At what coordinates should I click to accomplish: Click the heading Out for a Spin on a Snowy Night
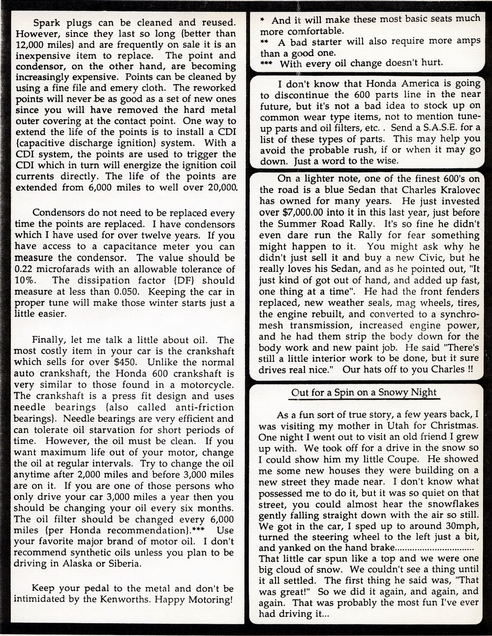[x=364, y=392]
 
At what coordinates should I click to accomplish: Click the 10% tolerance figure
[x=25, y=281]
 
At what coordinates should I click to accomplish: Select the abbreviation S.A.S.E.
[x=442, y=128]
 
